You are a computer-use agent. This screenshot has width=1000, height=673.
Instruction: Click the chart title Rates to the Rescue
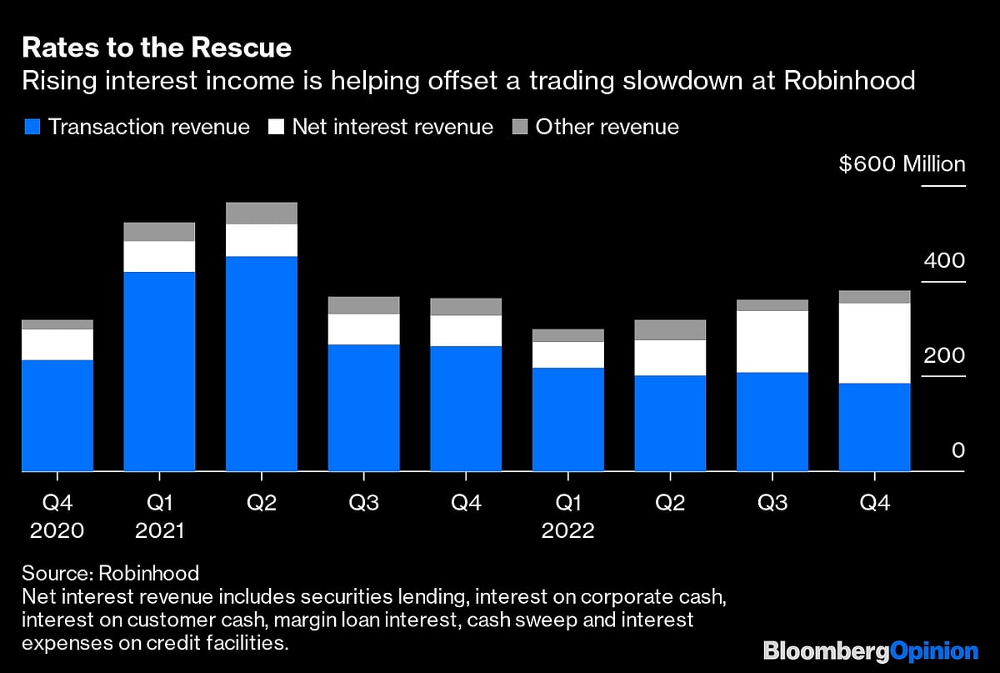tap(157, 48)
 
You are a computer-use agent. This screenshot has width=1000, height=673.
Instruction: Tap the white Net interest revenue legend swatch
tap(276, 127)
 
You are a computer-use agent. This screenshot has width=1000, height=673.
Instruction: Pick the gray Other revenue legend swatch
tap(519, 127)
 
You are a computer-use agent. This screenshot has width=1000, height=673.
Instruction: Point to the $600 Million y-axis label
tap(902, 164)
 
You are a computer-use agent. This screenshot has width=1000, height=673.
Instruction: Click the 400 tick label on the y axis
tap(943, 260)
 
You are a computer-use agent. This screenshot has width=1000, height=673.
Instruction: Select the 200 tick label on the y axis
tap(943, 356)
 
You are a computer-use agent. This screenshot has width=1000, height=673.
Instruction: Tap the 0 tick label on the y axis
tap(957, 451)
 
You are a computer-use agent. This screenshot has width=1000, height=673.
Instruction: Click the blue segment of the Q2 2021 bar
tap(262, 364)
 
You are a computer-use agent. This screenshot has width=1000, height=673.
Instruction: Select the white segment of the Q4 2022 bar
tap(874, 343)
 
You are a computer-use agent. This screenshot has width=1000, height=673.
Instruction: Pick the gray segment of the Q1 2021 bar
tap(159, 232)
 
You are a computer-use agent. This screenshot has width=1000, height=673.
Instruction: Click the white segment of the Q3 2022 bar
tap(772, 341)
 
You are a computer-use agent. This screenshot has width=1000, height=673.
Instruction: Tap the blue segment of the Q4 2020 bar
tap(57, 415)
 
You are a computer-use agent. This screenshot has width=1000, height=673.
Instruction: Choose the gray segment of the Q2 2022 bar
tap(670, 329)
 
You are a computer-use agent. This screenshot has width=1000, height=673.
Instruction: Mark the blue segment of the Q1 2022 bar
tap(568, 419)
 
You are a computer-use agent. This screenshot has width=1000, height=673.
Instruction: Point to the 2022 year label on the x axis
tap(567, 531)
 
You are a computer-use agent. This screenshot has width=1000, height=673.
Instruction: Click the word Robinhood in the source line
tap(149, 573)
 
